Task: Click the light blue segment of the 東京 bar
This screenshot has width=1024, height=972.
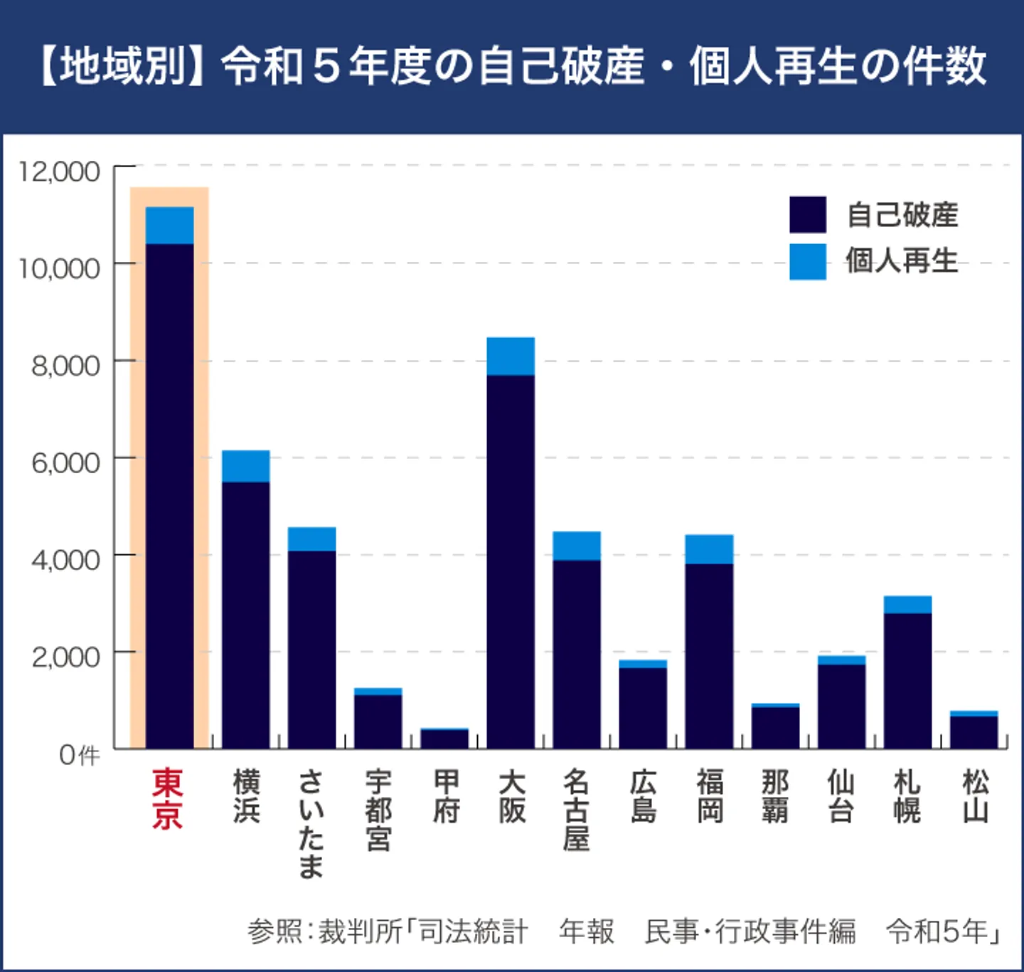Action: (x=169, y=226)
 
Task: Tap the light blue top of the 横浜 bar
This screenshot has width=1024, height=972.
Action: (x=245, y=466)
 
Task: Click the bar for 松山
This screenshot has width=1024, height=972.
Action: (x=974, y=731)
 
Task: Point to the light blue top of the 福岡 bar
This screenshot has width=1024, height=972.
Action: (x=709, y=549)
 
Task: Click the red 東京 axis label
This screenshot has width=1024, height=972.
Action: (x=168, y=798)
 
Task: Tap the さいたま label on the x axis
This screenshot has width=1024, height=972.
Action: (x=311, y=823)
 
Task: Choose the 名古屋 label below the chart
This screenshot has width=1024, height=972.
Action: (x=576, y=810)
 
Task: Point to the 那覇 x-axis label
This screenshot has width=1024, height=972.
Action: (x=774, y=796)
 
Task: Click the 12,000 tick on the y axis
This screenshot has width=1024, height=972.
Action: (x=60, y=171)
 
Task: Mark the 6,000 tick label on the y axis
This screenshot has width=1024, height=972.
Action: (x=65, y=463)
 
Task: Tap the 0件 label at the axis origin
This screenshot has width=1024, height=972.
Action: (x=79, y=755)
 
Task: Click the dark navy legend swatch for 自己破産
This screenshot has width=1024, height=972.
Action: (x=808, y=215)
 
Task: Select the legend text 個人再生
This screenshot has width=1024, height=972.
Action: (x=902, y=261)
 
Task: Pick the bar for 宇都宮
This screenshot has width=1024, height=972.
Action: (x=378, y=719)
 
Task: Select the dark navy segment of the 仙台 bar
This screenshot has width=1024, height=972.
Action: (x=841, y=706)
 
